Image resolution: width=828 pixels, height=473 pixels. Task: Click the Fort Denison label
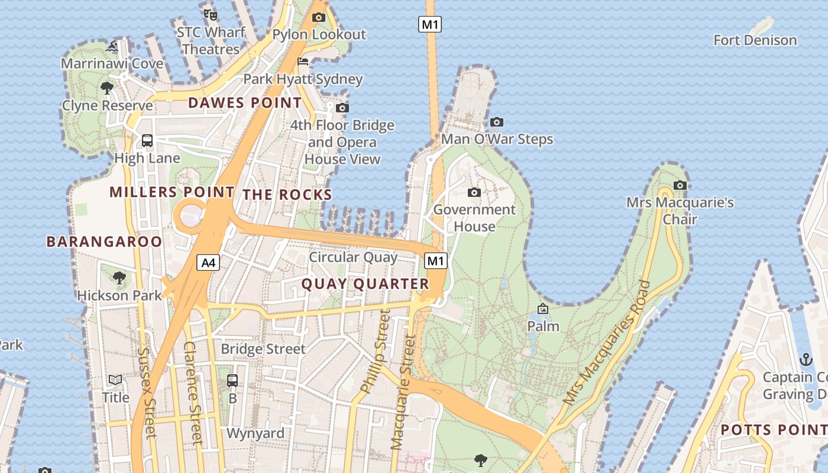coord(755,40)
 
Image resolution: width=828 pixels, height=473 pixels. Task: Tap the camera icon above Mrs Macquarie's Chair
coord(680,185)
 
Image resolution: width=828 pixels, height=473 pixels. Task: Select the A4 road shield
coord(208,263)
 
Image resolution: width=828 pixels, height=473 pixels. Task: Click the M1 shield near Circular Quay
coord(435,261)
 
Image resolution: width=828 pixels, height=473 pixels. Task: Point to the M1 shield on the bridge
coord(430,24)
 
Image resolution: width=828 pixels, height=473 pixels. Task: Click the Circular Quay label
coord(353,257)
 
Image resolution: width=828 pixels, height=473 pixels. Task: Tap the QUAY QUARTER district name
coord(365,284)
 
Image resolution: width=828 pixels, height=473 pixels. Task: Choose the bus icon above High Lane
coord(147,141)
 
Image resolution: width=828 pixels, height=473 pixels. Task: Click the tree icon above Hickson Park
coord(119,277)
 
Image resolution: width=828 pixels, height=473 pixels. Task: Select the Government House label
coord(474,218)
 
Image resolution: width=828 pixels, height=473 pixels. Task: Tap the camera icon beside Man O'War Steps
coord(497,122)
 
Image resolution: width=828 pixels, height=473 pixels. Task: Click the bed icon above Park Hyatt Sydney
coord(303,61)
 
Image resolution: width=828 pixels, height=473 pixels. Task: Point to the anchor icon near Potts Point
coord(806,359)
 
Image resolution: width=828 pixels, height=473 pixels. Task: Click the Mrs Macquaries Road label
coord(607,343)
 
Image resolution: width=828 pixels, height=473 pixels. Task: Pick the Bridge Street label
coord(263,349)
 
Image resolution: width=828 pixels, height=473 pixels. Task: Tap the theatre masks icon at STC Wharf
coord(210,14)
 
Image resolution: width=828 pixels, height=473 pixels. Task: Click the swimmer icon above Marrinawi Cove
coord(112,46)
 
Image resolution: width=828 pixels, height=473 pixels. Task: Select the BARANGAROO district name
coord(104,241)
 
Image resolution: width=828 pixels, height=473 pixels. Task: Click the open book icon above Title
coord(115,380)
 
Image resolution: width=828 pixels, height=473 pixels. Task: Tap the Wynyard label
coord(255,433)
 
